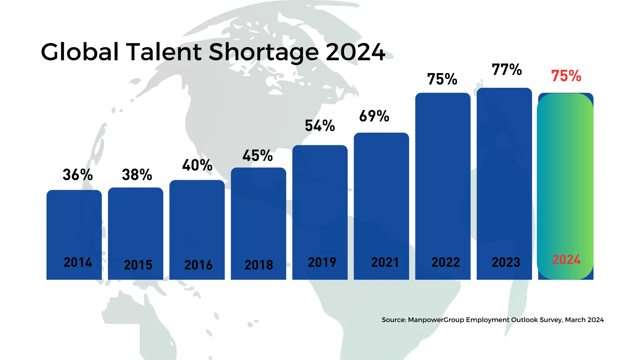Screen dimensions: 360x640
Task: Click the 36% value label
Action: pyautogui.click(x=77, y=175)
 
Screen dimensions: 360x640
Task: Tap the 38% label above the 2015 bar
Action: pyautogui.click(x=137, y=175)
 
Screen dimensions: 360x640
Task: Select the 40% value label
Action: pyautogui.click(x=197, y=165)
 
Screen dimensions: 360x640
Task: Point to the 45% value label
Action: pyautogui.click(x=257, y=156)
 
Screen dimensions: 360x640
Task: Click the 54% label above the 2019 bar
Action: pyautogui.click(x=320, y=126)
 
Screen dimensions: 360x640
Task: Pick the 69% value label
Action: pyautogui.click(x=374, y=116)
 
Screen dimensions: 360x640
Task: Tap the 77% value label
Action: pyautogui.click(x=507, y=70)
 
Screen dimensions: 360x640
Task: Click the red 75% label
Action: pyautogui.click(x=566, y=76)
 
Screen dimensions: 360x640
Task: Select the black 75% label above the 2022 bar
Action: pyautogui.click(x=442, y=79)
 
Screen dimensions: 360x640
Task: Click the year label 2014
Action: pyautogui.click(x=78, y=262)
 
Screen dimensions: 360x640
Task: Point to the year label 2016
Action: pyautogui.click(x=198, y=265)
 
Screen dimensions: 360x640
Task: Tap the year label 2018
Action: pyautogui.click(x=259, y=265)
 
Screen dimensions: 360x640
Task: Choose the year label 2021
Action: pyautogui.click(x=385, y=262)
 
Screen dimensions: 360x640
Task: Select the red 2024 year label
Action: pyautogui.click(x=566, y=260)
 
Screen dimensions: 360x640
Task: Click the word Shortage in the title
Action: pyautogui.click(x=263, y=52)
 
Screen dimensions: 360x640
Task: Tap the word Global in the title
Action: pyautogui.click(x=80, y=52)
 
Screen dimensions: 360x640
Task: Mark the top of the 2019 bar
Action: pyautogui.click(x=320, y=146)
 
